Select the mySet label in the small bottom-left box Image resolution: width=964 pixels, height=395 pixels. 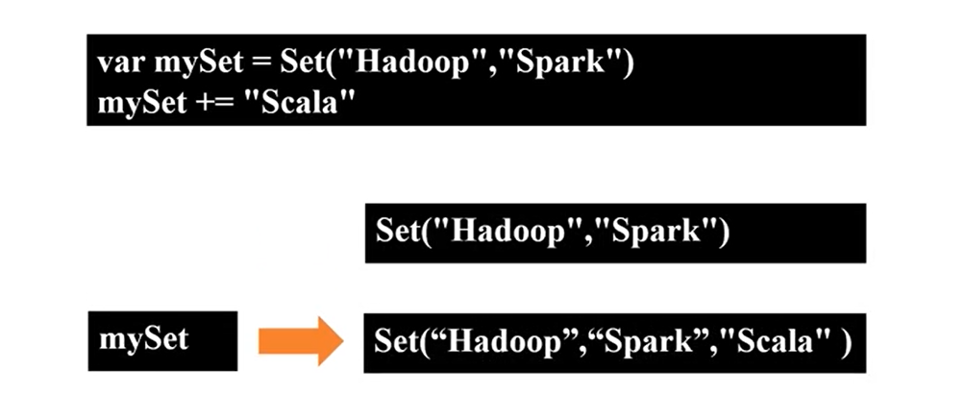tap(144, 339)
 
